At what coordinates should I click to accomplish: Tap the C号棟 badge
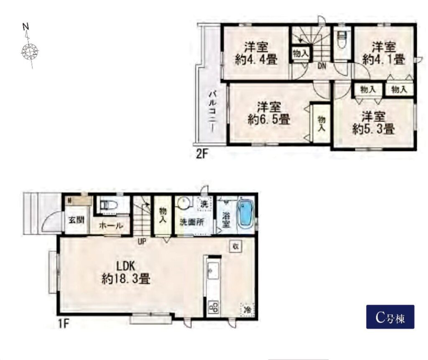point(390,317)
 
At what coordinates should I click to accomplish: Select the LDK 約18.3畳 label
point(126,272)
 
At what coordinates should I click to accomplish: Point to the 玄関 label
point(76,220)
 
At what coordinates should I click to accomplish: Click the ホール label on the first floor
point(111,226)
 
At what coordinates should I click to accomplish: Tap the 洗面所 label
point(191,222)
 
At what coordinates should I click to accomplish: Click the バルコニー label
point(212,112)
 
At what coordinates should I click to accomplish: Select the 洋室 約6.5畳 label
point(269,113)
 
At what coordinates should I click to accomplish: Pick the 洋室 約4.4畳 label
point(256,53)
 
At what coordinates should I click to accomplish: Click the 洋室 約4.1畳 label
point(384,53)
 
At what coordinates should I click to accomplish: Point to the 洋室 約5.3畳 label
point(373,123)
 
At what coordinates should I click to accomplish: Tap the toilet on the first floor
point(109,205)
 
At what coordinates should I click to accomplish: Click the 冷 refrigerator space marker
point(247,310)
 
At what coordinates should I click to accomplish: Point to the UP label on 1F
point(142,241)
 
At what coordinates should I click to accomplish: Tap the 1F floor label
point(63,324)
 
